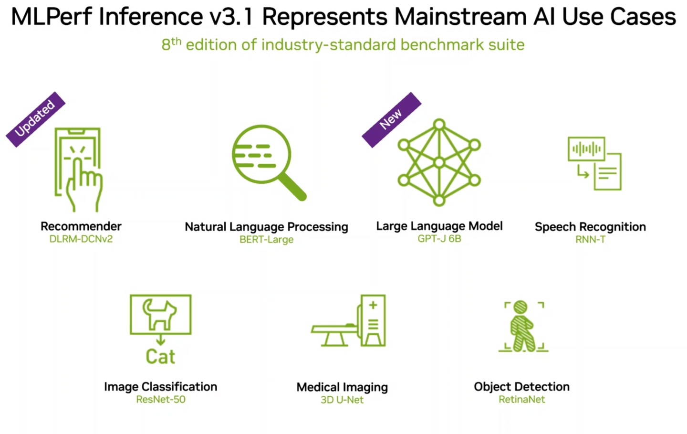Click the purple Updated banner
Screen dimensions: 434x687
35,119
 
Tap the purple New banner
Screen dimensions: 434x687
391,119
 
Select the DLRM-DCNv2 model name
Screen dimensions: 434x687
81,239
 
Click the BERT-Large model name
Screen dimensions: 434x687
266,240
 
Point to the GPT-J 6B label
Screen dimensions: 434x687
439,239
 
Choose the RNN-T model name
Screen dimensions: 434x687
590,240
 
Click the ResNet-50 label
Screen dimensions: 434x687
161,400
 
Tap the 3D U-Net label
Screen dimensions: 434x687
342,400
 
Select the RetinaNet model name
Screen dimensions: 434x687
521,400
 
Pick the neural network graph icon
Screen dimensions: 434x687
439,162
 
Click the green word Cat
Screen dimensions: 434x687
160,357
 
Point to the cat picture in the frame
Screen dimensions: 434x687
160,314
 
